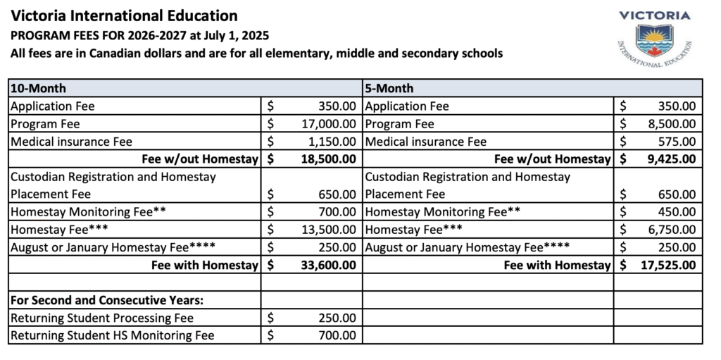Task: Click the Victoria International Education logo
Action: (653, 39)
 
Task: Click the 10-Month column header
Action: (38, 89)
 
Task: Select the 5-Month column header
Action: (389, 89)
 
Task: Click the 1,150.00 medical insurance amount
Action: (332, 142)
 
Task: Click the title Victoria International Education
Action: (125, 16)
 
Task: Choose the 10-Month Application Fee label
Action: (53, 106)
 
